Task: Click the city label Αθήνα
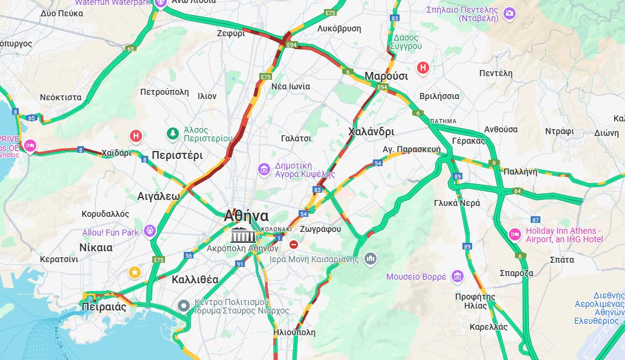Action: coord(246,216)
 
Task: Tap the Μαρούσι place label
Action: coord(386,76)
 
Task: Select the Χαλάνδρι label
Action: coord(371,132)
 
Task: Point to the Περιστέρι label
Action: coord(177,155)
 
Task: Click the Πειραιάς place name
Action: coord(103,306)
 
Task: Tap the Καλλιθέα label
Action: coord(195,280)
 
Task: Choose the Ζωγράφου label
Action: coord(320,229)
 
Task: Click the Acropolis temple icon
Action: coord(243,235)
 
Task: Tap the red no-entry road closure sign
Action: coord(294,245)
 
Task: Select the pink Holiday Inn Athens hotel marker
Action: coord(514,234)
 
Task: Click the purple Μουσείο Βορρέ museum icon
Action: coord(457,277)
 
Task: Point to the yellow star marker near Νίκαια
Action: coord(134,272)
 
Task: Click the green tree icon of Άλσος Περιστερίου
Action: coord(173,133)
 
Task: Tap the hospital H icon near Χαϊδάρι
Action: coord(136,136)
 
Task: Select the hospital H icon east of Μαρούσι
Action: coord(423,68)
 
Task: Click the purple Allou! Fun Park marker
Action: coord(150,232)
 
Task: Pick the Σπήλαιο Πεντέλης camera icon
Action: coord(510,13)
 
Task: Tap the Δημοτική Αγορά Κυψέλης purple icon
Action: coord(264,169)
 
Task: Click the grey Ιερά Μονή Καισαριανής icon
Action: coord(371,259)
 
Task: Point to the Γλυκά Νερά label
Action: coord(456,203)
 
